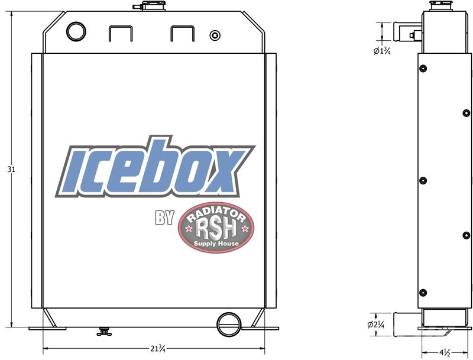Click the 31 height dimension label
tap(11, 170)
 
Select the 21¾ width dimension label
tap(158, 349)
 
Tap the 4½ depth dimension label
tap(445, 352)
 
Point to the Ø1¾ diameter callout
tap(382, 51)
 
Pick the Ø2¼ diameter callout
tap(376, 325)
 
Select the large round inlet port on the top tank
tap(76, 32)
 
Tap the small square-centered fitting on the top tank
tap(215, 35)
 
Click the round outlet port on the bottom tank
tap(229, 325)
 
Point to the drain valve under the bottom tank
tap(104, 332)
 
